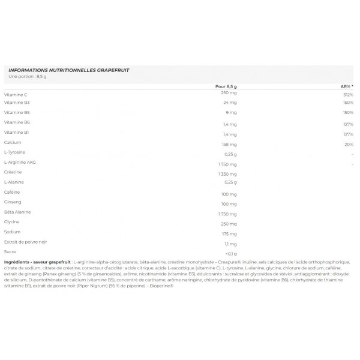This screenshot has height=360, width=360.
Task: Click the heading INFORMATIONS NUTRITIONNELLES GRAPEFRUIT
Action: (x=69, y=70)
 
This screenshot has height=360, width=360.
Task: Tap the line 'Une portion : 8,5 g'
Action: (x=28, y=76)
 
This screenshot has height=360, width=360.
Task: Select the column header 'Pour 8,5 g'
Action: (x=226, y=86)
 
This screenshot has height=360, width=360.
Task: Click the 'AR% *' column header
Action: (x=347, y=86)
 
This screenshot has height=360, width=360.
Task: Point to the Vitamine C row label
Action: (x=16, y=95)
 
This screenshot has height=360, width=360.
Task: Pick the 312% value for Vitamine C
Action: (x=348, y=95)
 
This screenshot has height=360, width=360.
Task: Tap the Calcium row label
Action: (x=13, y=142)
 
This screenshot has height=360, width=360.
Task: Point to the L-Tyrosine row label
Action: (x=15, y=152)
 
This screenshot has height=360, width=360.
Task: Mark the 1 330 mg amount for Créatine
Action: (x=228, y=173)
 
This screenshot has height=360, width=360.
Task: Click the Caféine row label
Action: (x=13, y=192)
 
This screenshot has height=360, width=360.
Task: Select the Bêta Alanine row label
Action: (x=17, y=212)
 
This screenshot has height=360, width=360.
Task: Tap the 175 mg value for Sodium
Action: (x=229, y=233)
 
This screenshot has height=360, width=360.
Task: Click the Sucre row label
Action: (x=10, y=251)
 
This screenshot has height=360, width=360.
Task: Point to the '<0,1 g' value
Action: (x=230, y=254)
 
